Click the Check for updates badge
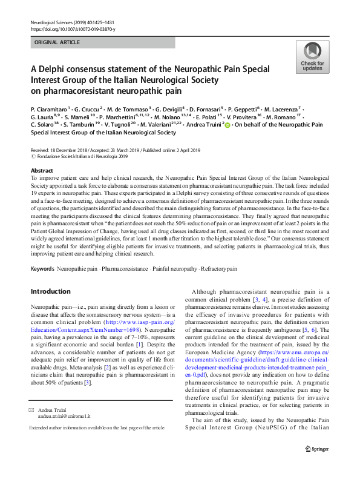(x=312, y=57)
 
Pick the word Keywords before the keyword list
(x=43, y=268)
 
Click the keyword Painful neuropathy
(x=169, y=268)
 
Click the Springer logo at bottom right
(x=316, y=465)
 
